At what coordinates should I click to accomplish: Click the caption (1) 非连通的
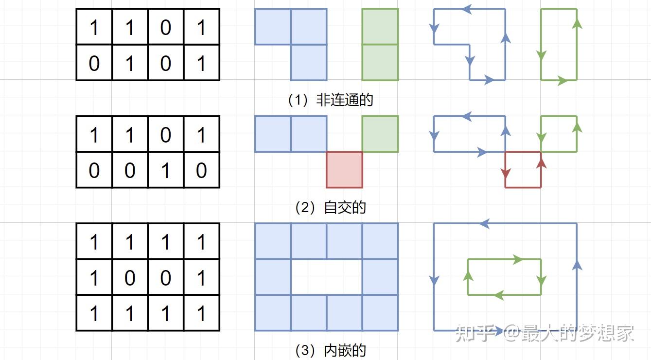point(331,100)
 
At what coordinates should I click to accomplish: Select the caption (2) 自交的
point(331,208)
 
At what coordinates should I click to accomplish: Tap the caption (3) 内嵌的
point(331,350)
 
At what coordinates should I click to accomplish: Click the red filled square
point(344,169)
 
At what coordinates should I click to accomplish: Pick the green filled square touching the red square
point(380,134)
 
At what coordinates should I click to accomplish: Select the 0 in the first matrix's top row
point(165,27)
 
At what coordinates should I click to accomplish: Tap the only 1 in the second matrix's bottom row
point(165,170)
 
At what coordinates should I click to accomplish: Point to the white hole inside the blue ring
point(326,277)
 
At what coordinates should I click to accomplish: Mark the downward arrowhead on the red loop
point(506,173)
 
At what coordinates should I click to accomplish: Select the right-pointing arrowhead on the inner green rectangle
point(518,260)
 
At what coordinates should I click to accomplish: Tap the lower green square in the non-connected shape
point(380,62)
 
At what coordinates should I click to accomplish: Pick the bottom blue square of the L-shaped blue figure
point(309,62)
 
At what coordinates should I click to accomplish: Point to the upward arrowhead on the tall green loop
point(577,23)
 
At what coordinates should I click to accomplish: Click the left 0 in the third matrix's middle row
point(130,277)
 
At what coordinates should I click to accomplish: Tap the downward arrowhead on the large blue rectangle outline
point(434,281)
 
